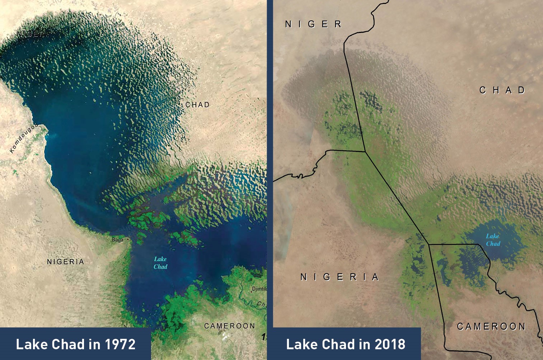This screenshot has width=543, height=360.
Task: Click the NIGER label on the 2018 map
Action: click(313, 24)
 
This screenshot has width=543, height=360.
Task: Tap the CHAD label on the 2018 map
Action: click(502, 90)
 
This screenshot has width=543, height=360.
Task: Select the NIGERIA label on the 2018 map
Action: click(340, 277)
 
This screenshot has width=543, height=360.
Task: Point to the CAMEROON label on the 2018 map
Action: click(491, 326)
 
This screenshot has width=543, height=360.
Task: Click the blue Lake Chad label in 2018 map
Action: click(493, 240)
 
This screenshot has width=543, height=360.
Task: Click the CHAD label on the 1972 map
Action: click(197, 105)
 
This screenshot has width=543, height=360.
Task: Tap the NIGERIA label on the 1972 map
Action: click(65, 262)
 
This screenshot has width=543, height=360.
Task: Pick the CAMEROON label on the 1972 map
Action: click(229, 326)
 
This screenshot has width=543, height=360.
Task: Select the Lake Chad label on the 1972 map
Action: click(160, 263)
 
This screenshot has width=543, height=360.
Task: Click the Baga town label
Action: click(117, 240)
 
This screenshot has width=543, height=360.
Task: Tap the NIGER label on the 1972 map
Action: click(31, 34)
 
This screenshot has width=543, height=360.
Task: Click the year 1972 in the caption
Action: click(120, 344)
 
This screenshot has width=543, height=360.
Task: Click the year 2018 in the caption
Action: click(390, 344)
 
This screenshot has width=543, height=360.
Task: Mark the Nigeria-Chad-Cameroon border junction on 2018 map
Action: click(429, 245)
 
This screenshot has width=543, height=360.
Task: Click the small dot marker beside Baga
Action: click(127, 239)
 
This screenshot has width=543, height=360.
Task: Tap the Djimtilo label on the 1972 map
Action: click(259, 289)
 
